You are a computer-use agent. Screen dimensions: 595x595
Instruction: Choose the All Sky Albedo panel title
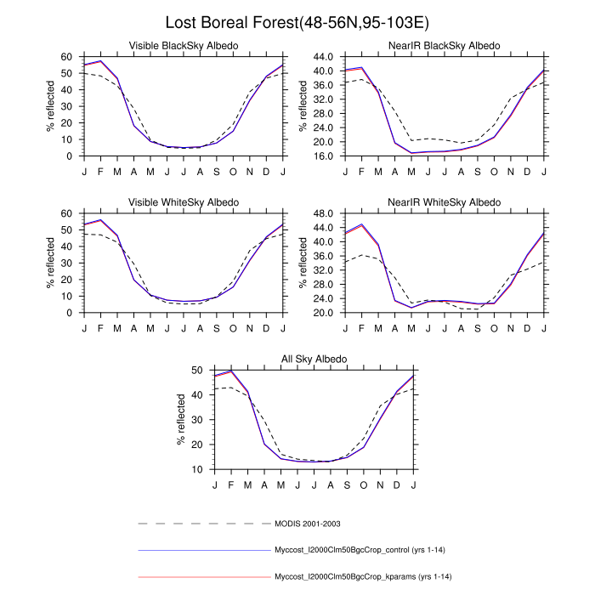(x=314, y=359)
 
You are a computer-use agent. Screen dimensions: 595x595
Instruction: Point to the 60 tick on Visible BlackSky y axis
(x=67, y=56)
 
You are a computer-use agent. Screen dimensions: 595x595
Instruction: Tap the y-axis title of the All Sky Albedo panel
(x=180, y=420)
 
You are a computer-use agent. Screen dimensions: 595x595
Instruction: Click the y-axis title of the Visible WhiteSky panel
(x=49, y=263)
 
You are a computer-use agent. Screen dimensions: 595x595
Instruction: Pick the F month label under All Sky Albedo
(x=231, y=484)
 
